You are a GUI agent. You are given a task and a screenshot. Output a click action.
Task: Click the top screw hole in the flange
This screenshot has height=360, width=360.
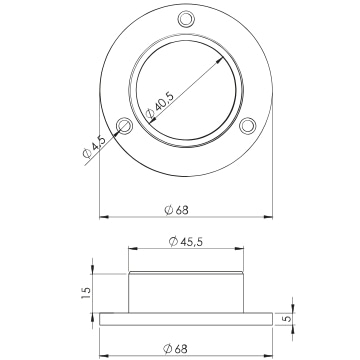pos(186,19)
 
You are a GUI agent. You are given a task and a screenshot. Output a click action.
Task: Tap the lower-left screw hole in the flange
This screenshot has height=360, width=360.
pos(125,126)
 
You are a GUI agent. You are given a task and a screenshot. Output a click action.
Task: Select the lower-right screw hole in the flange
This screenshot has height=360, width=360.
pos(248,126)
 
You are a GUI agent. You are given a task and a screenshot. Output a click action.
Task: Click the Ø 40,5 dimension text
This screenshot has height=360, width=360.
pos(160,106)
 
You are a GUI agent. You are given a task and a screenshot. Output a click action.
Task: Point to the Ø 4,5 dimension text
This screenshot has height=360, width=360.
pos(94,146)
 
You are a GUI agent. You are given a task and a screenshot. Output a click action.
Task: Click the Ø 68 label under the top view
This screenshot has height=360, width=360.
pos(177,210)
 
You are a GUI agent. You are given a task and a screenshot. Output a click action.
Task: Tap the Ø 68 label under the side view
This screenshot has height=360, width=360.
pos(175,349)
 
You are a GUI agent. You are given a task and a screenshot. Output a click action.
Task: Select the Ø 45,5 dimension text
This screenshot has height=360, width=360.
pos(186,242)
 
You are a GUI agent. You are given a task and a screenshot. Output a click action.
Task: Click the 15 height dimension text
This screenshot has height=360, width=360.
pos(86,293)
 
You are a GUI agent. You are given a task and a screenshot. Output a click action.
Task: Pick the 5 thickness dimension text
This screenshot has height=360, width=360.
pos(286,318)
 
